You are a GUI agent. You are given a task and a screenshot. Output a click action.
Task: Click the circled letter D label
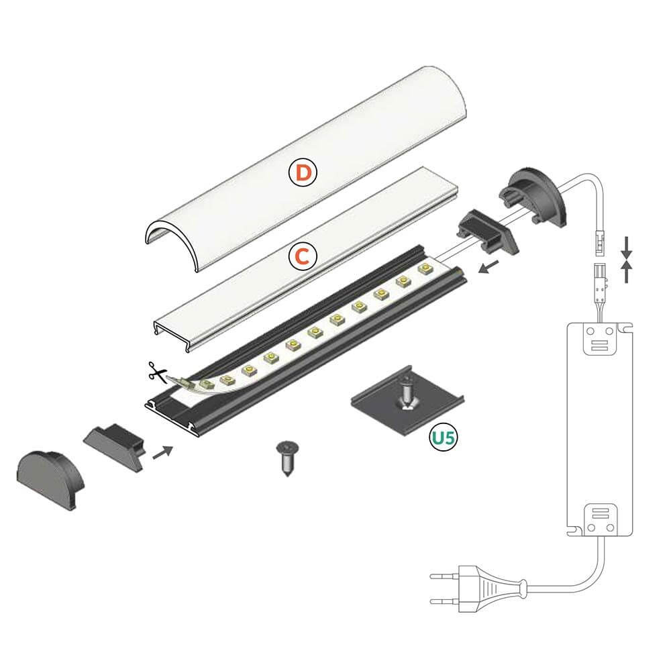click(x=303, y=172)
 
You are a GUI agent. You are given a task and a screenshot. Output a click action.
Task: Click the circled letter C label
click(x=302, y=256)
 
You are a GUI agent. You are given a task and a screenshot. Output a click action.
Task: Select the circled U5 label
click(x=444, y=437)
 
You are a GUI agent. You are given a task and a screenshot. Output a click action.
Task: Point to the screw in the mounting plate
click(x=407, y=393)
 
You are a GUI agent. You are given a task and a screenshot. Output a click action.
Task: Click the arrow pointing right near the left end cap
click(x=162, y=453)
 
